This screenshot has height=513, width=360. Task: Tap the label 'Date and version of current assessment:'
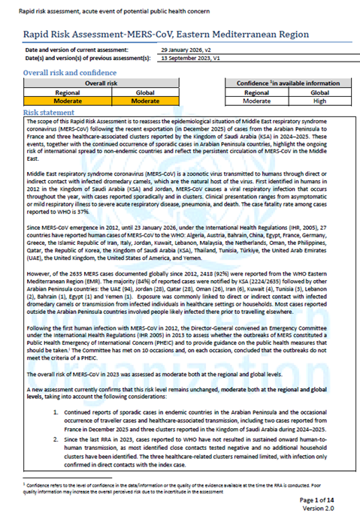74,50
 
